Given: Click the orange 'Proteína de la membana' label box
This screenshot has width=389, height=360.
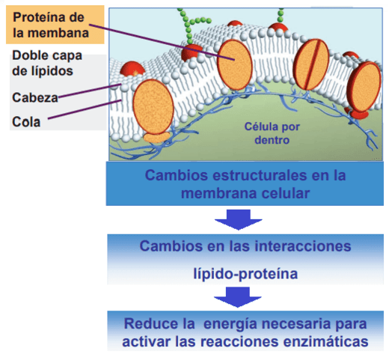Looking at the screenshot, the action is pyautogui.click(x=55, y=25).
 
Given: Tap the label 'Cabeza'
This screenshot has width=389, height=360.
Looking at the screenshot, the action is pyautogui.click(x=35, y=97).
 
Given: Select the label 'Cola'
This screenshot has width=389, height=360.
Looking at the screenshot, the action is pyautogui.click(x=26, y=122).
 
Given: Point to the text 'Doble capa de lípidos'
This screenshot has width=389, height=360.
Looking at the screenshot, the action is pyautogui.click(x=47, y=63).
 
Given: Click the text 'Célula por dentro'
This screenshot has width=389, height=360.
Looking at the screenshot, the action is pyautogui.click(x=272, y=133).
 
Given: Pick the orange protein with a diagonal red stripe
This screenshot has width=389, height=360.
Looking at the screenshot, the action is pyautogui.click(x=310, y=64).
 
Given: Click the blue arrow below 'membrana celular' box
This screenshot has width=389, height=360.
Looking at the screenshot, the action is pyautogui.click(x=239, y=219).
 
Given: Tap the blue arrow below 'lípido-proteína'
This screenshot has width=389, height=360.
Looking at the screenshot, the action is pyautogui.click(x=238, y=297).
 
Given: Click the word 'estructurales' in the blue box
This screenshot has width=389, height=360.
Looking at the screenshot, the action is pyautogui.click(x=260, y=175).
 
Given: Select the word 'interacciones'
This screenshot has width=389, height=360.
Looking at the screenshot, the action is pyautogui.click(x=303, y=246).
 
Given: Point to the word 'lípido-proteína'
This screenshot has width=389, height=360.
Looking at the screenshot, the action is pyautogui.click(x=245, y=274).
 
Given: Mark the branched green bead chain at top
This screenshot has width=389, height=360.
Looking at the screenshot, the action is pyautogui.click(x=192, y=25).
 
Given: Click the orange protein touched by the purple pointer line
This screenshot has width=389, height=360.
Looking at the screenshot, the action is pyautogui.click(x=235, y=64).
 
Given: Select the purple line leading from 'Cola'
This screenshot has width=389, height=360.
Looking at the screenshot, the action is pyautogui.click(x=85, y=109).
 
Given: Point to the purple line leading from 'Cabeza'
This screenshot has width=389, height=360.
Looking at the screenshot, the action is pyautogui.click(x=90, y=91).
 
